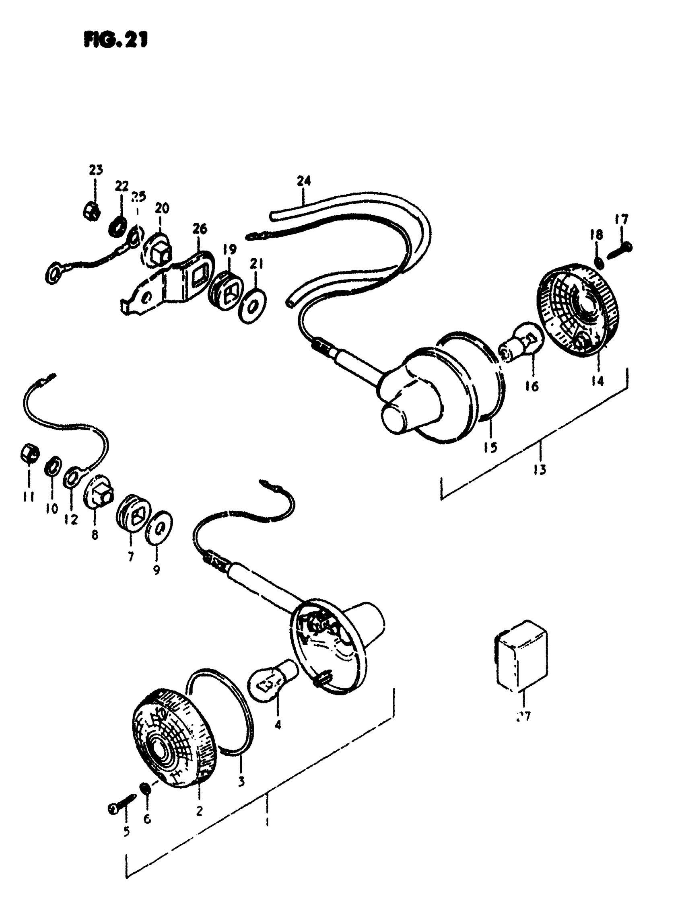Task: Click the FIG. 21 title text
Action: tap(115, 40)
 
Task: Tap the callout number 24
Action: tap(303, 181)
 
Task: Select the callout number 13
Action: tap(540, 470)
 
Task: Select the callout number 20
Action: tap(162, 208)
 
